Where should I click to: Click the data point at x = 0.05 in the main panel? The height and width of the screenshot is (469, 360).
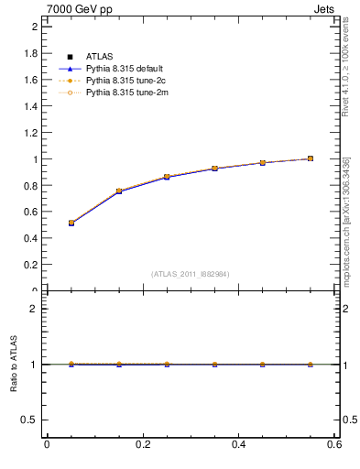(x=71, y=223)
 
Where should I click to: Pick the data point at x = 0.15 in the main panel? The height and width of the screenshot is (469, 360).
(x=119, y=191)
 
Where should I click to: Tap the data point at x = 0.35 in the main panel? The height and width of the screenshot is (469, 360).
(x=214, y=169)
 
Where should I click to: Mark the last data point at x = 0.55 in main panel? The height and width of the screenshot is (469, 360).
(x=311, y=158)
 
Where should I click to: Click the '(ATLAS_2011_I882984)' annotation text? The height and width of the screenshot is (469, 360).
(x=191, y=274)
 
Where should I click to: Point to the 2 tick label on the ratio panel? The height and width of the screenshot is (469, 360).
(x=34, y=309)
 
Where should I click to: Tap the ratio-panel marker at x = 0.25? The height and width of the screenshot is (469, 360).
(x=167, y=364)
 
